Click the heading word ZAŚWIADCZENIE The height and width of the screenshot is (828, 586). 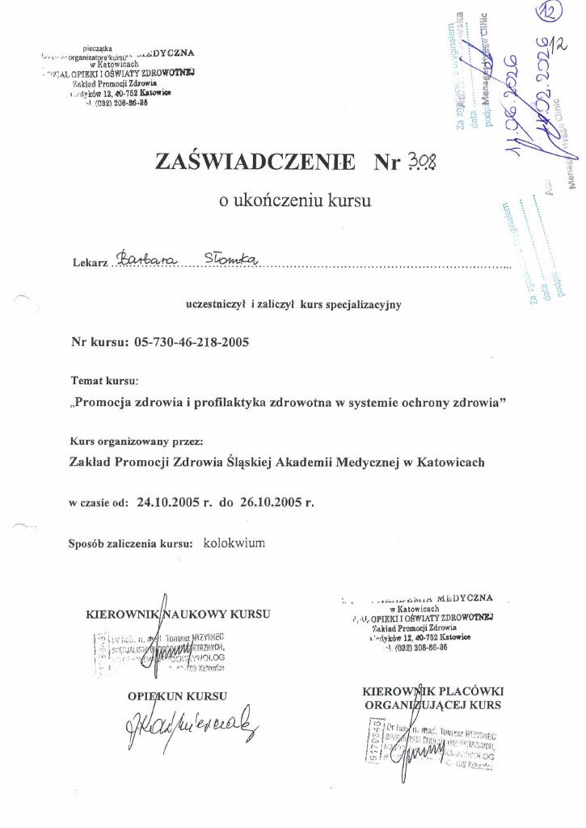pos(255,162)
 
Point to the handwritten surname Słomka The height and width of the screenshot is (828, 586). pos(230,258)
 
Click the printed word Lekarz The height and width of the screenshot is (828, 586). pos(89,264)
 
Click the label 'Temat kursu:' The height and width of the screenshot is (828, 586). pos(105,379)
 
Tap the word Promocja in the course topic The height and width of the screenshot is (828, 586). pos(108,402)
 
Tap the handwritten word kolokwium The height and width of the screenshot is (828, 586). pos(234,543)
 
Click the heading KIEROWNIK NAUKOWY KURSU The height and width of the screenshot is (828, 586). pos(178,615)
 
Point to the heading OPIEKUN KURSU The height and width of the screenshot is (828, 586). pos(177,695)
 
